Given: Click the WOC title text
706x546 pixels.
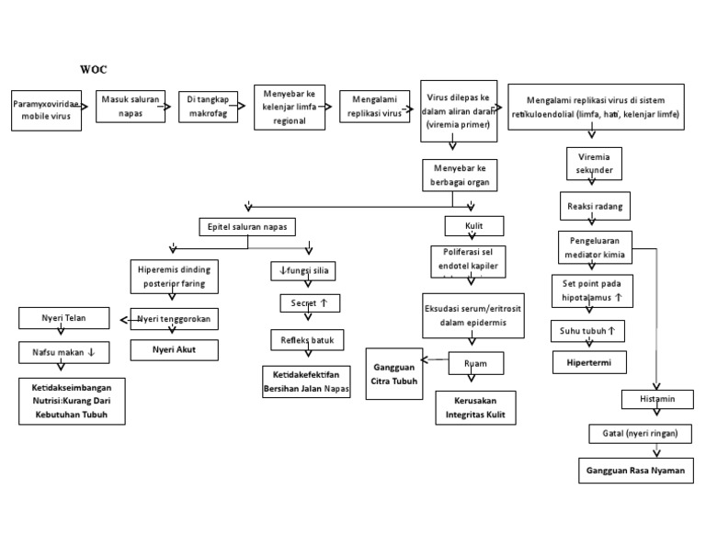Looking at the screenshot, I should tap(93, 69).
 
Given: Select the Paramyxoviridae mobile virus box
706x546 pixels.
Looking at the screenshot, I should tap(45, 111).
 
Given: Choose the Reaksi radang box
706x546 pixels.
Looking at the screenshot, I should tap(594, 207).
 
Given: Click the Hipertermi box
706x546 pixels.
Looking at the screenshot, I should tap(589, 362).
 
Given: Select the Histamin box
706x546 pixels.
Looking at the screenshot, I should tap(654, 399).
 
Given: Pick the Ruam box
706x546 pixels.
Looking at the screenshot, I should tap(475, 365).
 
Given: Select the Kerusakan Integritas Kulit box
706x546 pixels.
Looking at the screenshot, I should tap(474, 409).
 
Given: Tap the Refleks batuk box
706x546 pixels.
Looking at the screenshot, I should tap(307, 340).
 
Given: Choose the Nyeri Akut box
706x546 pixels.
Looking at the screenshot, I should tap(175, 349).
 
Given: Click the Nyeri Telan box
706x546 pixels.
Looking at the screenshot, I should tap(64, 319).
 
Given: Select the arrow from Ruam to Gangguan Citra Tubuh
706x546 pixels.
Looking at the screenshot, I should tap(435, 360).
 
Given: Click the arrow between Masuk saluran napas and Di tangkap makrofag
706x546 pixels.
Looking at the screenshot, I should tap(166, 106).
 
